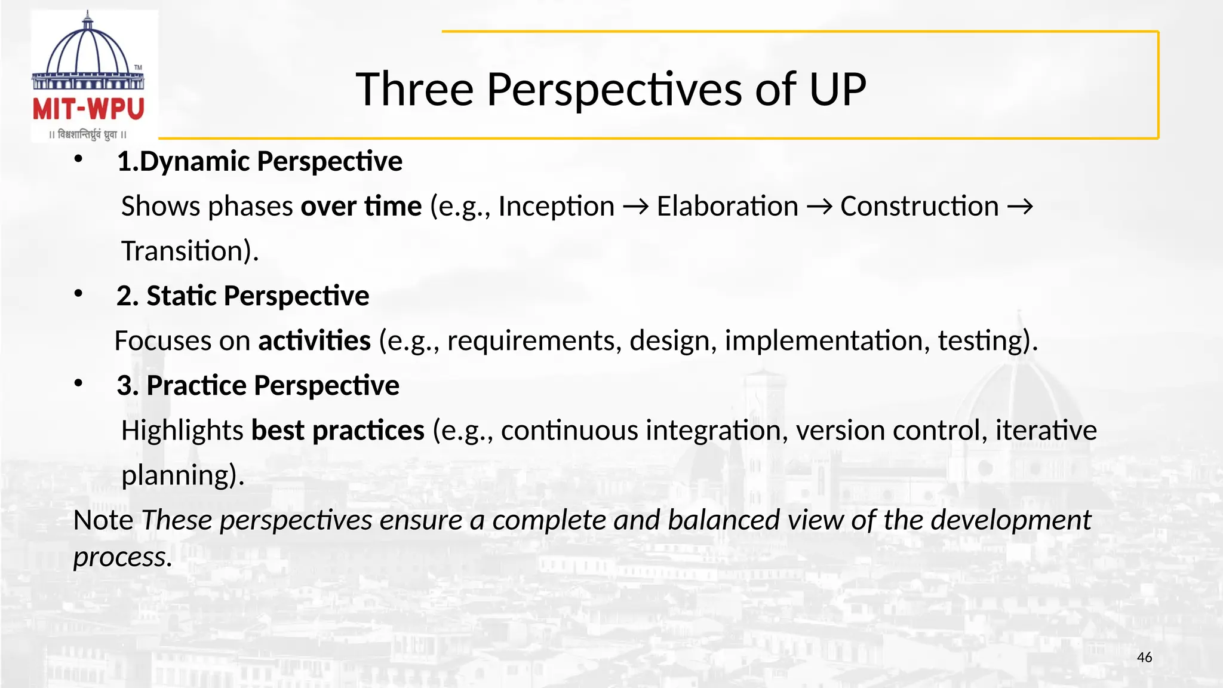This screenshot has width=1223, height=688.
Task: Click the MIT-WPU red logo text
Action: tap(88, 110)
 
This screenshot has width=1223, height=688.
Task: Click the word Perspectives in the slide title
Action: tap(614, 90)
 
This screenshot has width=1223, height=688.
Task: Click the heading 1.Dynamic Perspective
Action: tap(259, 162)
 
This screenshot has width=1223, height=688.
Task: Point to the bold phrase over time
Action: tap(361, 207)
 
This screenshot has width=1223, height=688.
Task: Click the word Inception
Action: tap(556, 207)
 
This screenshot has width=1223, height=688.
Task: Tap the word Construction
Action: tap(919, 207)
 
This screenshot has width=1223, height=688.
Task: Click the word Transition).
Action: tap(190, 251)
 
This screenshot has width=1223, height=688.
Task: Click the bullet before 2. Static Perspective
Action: tap(78, 294)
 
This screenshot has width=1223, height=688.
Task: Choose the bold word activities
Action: tap(314, 341)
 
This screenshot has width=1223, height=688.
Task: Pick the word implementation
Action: tap(826, 341)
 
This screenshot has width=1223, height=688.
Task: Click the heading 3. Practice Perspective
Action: tap(257, 386)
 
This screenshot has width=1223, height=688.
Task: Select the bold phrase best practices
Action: tap(337, 431)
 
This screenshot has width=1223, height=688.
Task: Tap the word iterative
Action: tap(1046, 431)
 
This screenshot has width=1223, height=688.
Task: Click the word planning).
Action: tap(183, 476)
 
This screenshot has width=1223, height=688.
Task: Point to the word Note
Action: tap(103, 520)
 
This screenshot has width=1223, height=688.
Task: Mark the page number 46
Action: tap(1144, 658)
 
